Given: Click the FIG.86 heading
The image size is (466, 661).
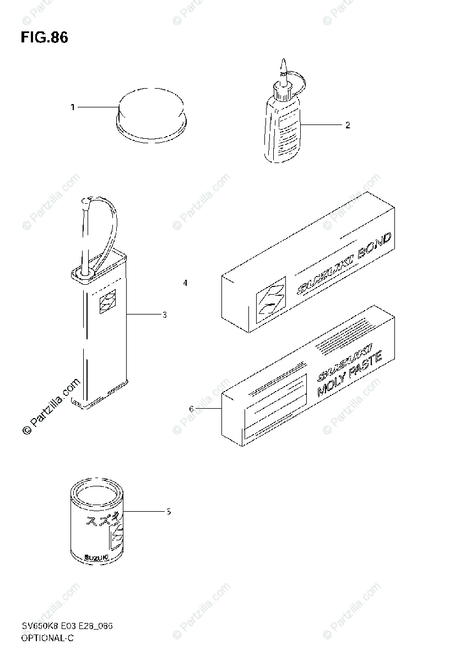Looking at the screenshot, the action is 45,38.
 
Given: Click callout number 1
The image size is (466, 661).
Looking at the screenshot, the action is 72,107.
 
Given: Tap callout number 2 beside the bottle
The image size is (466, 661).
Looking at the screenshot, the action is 348,125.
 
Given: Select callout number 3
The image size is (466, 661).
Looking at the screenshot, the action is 164,315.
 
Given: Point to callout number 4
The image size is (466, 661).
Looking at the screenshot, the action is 186,283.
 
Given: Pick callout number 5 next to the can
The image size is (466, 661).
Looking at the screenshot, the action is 169,512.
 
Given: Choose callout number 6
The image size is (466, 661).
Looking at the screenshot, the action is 191,409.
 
